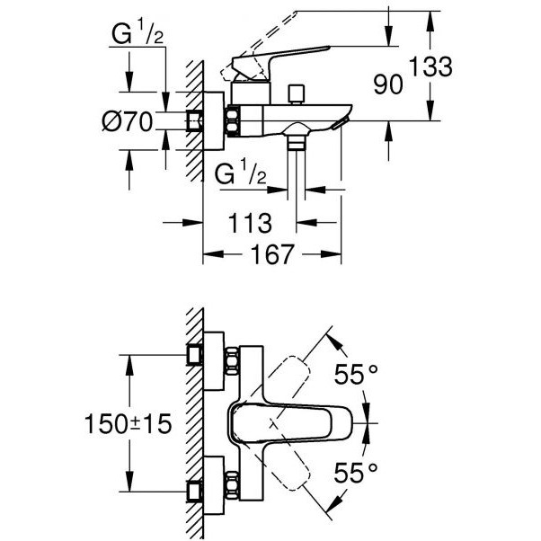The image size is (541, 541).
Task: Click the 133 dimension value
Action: [x=431, y=67]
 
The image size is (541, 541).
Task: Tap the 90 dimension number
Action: [x=388, y=84]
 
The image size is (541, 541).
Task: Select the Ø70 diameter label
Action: [x=128, y=122]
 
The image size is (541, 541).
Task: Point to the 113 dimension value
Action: [x=250, y=223]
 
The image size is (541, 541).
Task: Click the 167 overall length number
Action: [x=272, y=254]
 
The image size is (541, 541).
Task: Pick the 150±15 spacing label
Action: [x=128, y=423]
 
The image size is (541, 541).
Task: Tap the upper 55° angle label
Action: [x=356, y=374]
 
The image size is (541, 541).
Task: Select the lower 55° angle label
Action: [x=356, y=473]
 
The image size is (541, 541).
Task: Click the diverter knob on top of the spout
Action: [x=297, y=93]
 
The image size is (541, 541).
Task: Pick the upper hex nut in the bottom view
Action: [x=232, y=361]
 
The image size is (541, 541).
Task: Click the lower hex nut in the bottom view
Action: [x=232, y=485]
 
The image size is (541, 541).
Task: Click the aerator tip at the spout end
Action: [x=341, y=123]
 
